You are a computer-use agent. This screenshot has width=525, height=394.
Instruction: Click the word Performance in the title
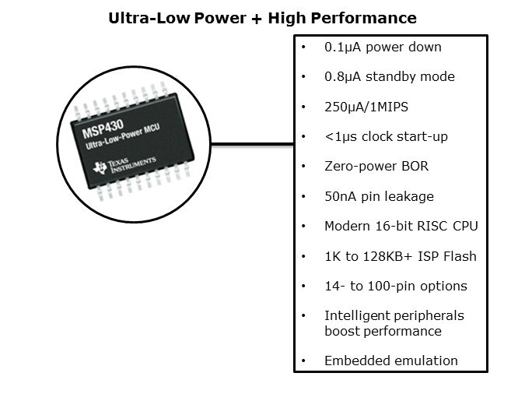364,18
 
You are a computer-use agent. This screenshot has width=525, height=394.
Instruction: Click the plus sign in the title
256,19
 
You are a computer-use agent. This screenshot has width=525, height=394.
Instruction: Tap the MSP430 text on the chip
103,128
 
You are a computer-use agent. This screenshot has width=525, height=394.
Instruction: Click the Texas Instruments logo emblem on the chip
100,167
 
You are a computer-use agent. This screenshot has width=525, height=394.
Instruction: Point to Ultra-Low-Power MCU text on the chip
123,137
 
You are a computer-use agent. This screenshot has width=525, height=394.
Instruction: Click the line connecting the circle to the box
252,145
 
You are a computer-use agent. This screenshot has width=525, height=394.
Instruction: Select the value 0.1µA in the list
342,47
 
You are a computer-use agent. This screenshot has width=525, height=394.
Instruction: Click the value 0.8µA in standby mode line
342,77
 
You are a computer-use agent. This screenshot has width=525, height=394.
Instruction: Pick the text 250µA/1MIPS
366,107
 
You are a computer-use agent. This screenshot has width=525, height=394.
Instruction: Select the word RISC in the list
432,226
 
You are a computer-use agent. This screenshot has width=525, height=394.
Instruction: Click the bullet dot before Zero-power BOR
303,167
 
